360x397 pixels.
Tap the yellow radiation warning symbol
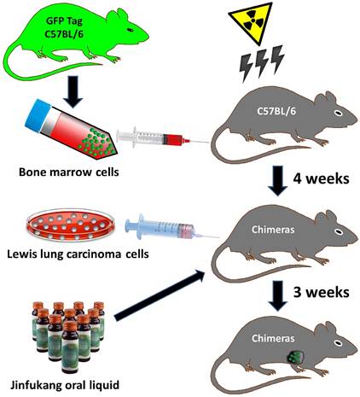257,21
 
